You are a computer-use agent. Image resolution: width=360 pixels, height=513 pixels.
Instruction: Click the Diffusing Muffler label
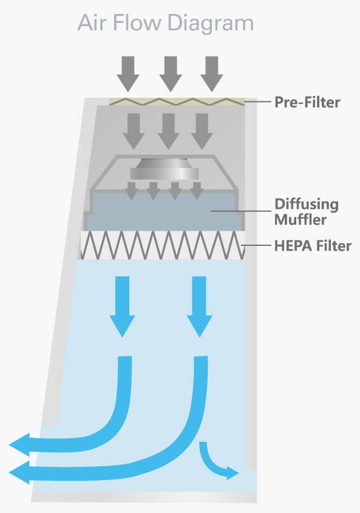306,211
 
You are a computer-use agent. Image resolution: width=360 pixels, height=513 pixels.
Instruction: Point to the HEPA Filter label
313,246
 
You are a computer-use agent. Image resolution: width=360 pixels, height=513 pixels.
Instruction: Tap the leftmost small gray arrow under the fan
131,191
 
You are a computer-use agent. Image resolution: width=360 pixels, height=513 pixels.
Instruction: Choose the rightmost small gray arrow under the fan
196,191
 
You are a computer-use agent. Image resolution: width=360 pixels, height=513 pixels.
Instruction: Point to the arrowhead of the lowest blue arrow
21,472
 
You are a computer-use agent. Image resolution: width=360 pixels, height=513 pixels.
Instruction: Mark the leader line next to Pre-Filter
259,102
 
